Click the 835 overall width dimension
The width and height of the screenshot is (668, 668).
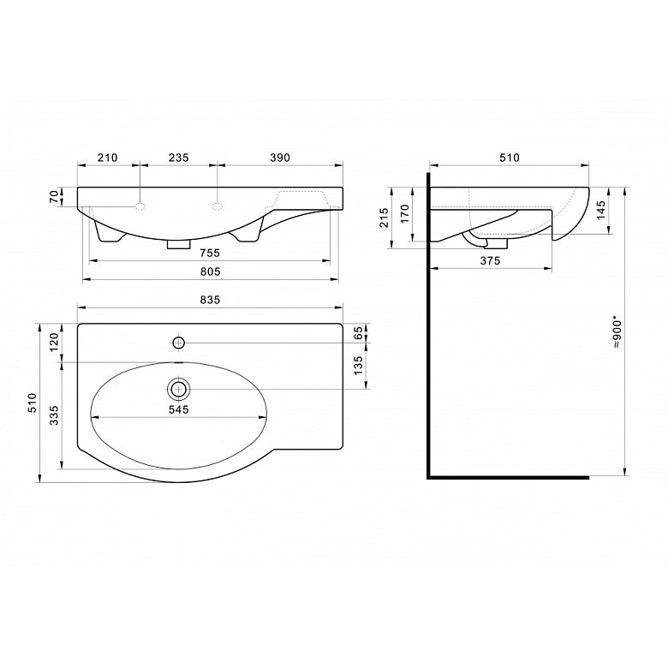click(x=211, y=300)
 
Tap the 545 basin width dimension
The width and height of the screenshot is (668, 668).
click(x=178, y=409)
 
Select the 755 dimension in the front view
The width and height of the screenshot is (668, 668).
click(x=211, y=253)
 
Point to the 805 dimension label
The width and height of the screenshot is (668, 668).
click(x=211, y=271)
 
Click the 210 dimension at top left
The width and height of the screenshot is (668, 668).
click(x=107, y=158)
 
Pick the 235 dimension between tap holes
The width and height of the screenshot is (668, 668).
click(x=178, y=158)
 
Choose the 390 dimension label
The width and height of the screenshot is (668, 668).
click(x=280, y=158)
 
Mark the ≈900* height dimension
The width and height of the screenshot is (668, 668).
click(x=617, y=332)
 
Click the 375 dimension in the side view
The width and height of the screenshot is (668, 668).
click(x=490, y=260)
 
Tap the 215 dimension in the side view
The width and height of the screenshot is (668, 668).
click(x=385, y=218)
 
